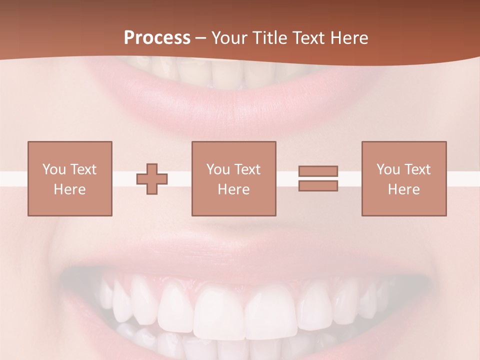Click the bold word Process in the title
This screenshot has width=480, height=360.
157,38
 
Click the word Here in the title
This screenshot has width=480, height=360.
349,38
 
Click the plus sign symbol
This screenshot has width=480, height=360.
152,178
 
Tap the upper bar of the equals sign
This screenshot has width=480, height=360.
318,171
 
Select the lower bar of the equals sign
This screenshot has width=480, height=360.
318,185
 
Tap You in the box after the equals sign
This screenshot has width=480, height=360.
388,169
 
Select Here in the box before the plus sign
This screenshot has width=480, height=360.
70,189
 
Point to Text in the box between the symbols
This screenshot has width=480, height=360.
247,169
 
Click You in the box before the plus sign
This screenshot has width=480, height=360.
54,169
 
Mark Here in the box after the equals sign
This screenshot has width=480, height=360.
404,189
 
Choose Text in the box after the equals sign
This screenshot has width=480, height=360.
417,169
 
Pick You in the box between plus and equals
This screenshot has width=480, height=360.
218,169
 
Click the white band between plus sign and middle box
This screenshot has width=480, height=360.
179,178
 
